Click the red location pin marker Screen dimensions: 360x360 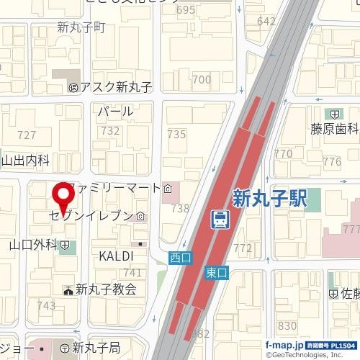coord(63,194)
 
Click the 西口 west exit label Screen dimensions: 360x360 coord(179,257)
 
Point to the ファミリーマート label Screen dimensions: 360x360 coord(116,189)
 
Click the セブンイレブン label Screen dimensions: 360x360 coord(91,216)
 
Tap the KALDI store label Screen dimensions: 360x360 coord(116,256)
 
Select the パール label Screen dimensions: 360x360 coord(115,112)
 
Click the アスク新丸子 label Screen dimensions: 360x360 coord(115,87)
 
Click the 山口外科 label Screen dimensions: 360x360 coord(32,245)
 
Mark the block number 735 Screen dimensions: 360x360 coord(176,135)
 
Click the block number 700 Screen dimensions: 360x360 coord(202,79)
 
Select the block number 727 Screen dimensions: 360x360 coord(27,135)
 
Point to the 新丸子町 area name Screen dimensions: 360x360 coord(81,28)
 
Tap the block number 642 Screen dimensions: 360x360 coord(266,21)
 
